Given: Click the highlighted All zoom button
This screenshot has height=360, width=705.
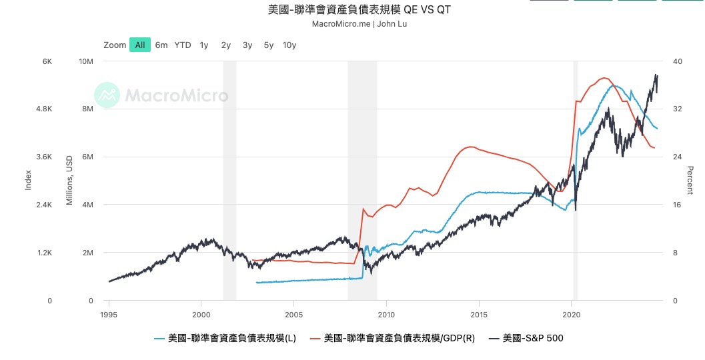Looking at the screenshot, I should tap(139, 45).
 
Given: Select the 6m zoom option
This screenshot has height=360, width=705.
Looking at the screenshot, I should tap(161, 45).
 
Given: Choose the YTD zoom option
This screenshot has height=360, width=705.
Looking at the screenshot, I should tap(183, 45).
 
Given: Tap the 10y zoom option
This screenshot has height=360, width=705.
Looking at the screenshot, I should tap(289, 45).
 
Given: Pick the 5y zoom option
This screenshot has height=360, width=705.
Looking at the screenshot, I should tap(269, 45).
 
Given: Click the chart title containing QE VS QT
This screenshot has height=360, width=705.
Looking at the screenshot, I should tap(359, 11).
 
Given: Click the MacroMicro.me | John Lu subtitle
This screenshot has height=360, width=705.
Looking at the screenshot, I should tap(359, 24).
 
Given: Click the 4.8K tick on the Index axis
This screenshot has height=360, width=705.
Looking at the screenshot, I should tap(43, 109).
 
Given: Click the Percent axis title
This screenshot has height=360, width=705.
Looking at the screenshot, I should tap(690, 180).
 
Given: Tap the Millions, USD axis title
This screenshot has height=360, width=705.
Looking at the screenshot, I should tap(69, 180).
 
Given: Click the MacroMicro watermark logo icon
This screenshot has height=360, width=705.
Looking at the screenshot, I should tap(107, 95).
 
